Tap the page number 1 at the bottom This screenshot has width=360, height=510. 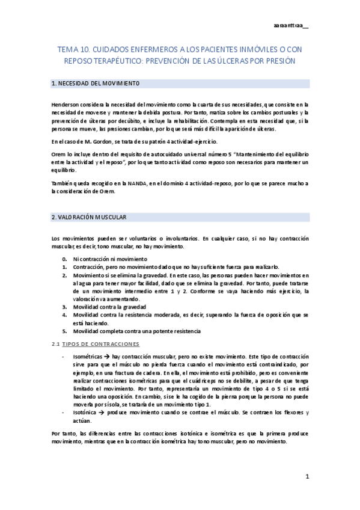pos(307,476)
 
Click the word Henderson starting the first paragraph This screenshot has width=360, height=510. pos(66,105)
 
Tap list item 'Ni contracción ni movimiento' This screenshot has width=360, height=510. pos(105,259)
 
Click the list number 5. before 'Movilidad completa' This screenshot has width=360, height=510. pos(64,331)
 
